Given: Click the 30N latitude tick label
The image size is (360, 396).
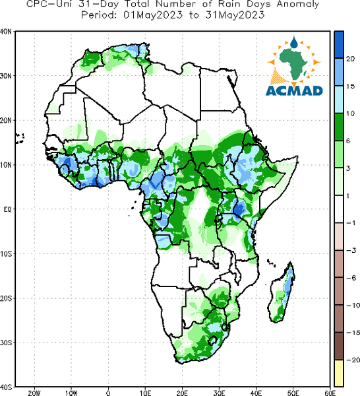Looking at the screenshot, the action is coord(5,76).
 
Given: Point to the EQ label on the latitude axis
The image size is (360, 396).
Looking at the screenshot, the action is coord(7,209).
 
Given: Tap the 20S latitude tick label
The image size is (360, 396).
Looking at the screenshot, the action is coord(6,298).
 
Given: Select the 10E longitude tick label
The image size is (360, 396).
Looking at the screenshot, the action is coord(145,393).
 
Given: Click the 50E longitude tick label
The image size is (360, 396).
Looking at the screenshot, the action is coord(293,393).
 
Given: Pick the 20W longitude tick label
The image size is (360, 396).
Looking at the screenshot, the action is coord(34,393).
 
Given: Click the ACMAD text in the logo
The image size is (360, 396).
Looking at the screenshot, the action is coord(294,90).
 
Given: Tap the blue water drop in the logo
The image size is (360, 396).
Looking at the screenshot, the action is coord(294,42).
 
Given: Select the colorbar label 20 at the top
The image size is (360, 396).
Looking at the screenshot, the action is coord(350,59).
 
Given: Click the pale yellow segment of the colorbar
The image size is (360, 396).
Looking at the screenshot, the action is coord(339,374).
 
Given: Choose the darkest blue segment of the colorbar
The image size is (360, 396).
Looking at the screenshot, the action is coord(339,45).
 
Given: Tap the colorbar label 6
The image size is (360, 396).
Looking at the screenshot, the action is coord(348,141).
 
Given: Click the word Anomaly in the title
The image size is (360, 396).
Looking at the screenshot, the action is coord(298,5).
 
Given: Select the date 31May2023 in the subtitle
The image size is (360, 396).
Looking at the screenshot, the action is coord(235,15).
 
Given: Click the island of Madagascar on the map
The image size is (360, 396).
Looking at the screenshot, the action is coord(281,292).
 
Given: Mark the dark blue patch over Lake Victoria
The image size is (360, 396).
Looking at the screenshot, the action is coord(239,209).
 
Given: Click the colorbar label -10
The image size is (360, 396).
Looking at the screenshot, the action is coord(353,305).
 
